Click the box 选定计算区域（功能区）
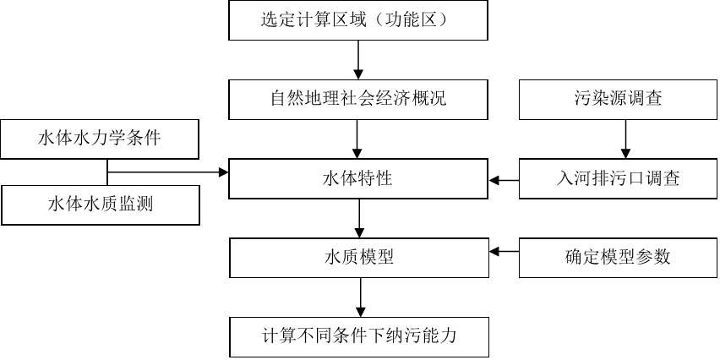tap(358, 20)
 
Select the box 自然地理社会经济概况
tap(358, 99)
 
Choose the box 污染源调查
tap(617, 99)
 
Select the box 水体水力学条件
tap(99, 139)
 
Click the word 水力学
tap(99, 139)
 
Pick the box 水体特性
tap(358, 179)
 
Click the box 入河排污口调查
tap(617, 179)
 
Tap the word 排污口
tap(617, 179)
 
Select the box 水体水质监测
tap(99, 204)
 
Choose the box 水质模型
tap(358, 258)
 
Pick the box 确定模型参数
tap(617, 258)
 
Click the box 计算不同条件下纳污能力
tap(358, 336)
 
